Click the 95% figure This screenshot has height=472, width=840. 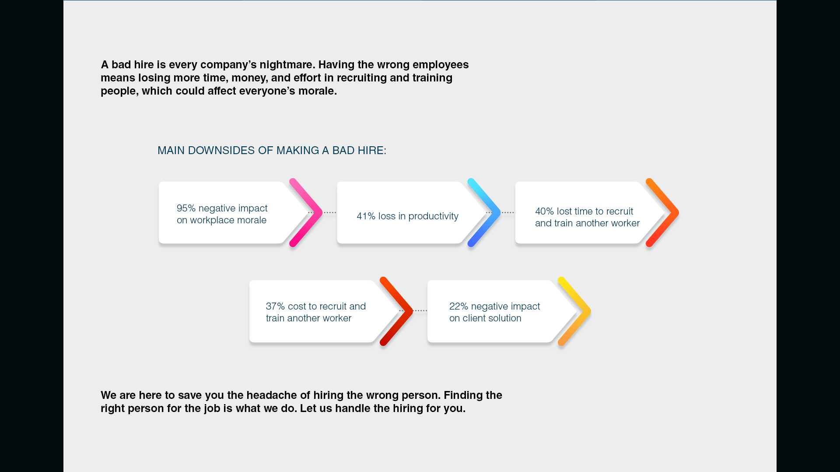coord(186,208)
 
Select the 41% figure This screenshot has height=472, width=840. coord(366,216)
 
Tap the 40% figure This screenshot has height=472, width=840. coord(544,211)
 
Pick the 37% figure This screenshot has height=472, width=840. coord(275,306)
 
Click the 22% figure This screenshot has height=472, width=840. coord(458,306)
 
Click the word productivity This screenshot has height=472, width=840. coord(433,217)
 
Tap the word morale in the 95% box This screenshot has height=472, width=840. coord(252,220)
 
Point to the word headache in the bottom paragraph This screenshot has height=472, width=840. coord(268,395)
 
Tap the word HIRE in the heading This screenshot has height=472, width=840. coord(372,151)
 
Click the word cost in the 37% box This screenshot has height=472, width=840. coord(297,306)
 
